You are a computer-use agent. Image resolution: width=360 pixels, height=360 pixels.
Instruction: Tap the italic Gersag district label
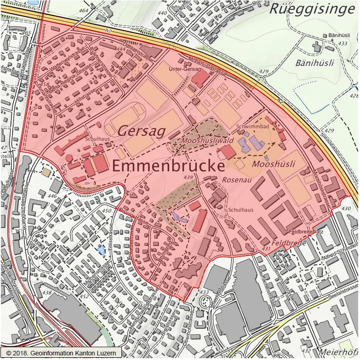[x=141, y=131]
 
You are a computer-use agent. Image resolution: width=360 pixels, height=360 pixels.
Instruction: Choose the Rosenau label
[x=235, y=180]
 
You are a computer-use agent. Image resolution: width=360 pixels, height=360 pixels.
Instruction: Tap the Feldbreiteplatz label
[x=307, y=232]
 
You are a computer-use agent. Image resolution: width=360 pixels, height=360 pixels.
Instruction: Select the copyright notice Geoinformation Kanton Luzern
[x=61, y=353]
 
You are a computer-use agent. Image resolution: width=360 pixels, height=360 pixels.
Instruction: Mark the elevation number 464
[x=83, y=11]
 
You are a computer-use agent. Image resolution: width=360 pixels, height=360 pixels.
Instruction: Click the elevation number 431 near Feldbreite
[x=266, y=249]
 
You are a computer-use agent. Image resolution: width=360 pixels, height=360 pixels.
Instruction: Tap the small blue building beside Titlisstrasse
[x=101, y=250]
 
